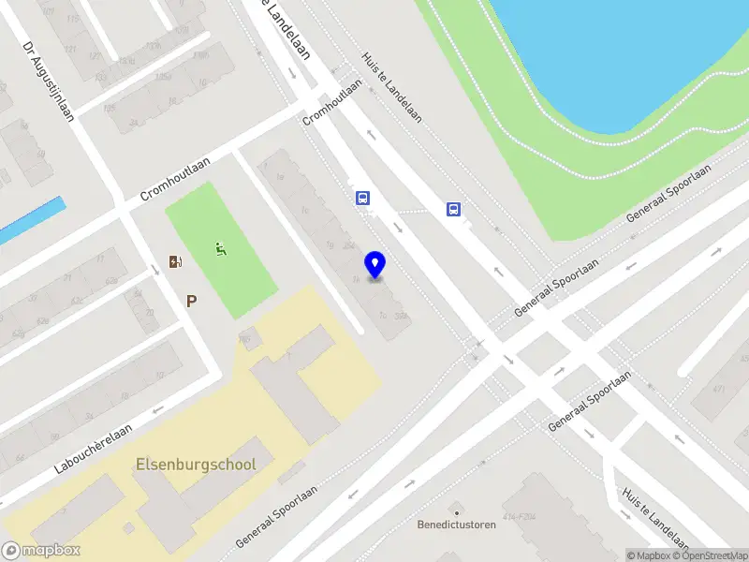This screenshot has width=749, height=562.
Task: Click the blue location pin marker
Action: click(x=375, y=265)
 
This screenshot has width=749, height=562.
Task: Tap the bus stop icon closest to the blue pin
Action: click(x=362, y=198)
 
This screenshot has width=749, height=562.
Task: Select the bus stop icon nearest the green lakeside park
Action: click(x=454, y=210)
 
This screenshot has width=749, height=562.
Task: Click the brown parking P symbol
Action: click(x=192, y=301)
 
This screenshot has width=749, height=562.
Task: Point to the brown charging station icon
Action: click(x=174, y=261)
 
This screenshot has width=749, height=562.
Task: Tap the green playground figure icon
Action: click(x=220, y=249)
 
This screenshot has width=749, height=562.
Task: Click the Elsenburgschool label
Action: click(x=196, y=464)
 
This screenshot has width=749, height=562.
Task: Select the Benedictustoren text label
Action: click(x=456, y=525)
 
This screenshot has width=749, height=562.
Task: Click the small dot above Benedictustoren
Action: click(x=456, y=512)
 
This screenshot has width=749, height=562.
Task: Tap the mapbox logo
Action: click(x=41, y=550)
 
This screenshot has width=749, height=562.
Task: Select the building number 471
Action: click(x=720, y=388)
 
